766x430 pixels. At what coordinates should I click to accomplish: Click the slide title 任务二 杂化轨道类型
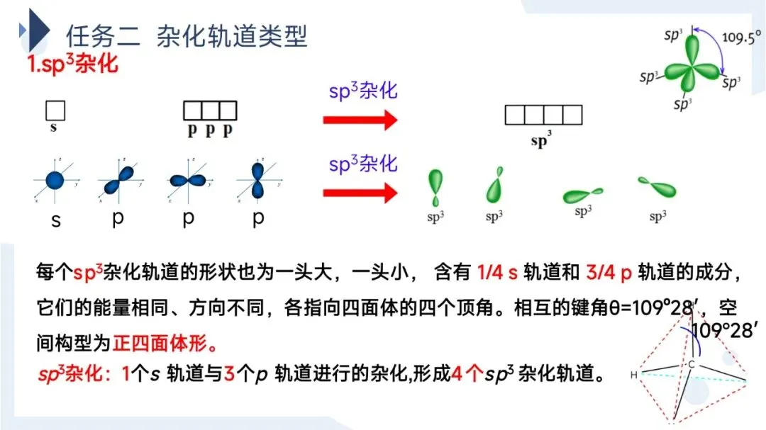pyautogui.click(x=187, y=35)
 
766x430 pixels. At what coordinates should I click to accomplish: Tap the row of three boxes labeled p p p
pyautogui.click(x=210, y=111)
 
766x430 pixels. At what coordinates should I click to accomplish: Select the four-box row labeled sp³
pyautogui.click(x=543, y=115)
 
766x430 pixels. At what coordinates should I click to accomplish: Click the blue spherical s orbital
pyautogui.click(x=55, y=180)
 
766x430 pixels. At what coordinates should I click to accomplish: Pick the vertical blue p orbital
pyautogui.click(x=257, y=180)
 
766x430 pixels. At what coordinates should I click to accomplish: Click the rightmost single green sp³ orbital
pyautogui.click(x=657, y=188)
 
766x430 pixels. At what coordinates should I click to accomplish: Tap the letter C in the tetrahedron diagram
pyautogui.click(x=690, y=364)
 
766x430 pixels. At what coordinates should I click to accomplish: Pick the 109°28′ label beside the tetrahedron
pyautogui.click(x=725, y=330)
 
